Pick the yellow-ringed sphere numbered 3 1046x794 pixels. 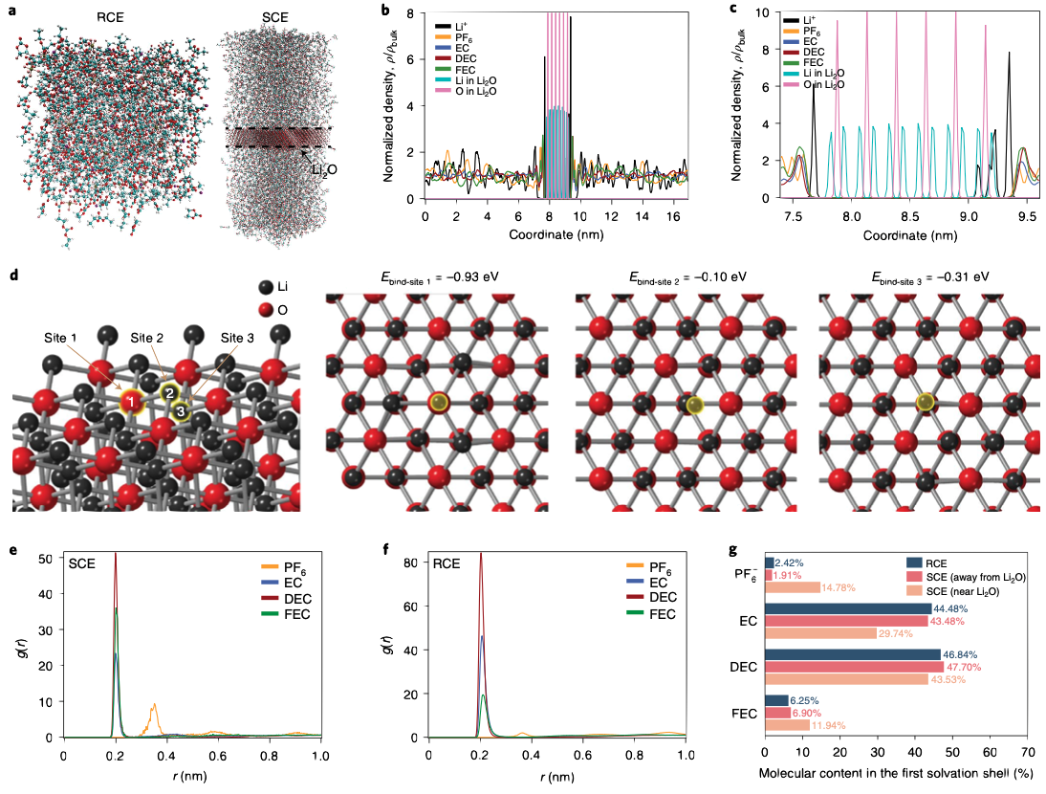point(180,410)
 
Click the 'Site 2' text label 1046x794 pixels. point(148,338)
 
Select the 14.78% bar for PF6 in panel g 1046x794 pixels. point(793,586)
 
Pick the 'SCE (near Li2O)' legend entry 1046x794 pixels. point(969,592)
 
